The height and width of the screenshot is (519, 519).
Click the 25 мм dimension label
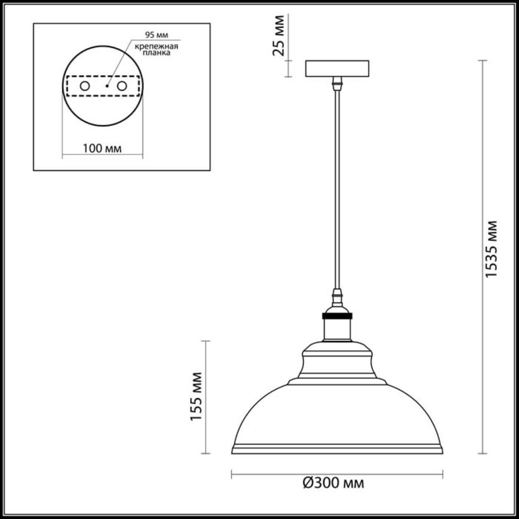[279, 36]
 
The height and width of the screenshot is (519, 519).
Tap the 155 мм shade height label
[196, 396]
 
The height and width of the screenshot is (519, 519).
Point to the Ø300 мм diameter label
[333, 483]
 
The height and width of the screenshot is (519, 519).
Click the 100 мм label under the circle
[102, 148]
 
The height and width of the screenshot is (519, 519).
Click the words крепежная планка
[157, 49]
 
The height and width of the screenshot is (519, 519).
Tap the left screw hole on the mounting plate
[85, 86]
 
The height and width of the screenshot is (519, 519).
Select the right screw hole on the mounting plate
[122, 86]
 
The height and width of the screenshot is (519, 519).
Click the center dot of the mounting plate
[107, 86]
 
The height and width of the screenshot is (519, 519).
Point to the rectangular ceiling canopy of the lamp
[337, 69]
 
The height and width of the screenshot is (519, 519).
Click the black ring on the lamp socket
[337, 315]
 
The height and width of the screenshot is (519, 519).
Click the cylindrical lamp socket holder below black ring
[337, 329]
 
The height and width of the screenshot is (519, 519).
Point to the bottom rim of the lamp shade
[337, 450]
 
